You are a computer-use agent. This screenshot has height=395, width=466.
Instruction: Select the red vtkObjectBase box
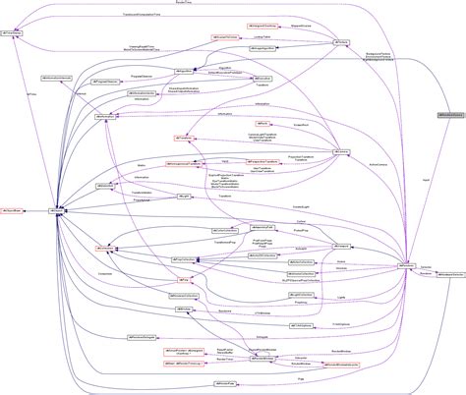point(12,209)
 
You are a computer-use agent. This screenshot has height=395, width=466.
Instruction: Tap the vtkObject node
point(59,209)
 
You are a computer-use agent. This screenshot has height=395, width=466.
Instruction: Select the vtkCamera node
point(341,153)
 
